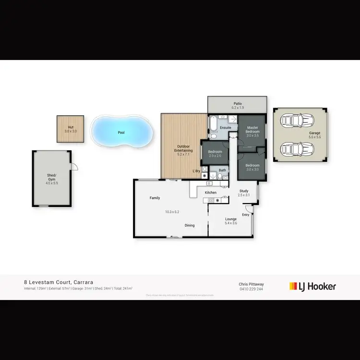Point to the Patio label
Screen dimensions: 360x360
[x=237, y=103]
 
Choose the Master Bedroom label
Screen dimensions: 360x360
[x=252, y=130]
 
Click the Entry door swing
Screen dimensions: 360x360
[x=249, y=208]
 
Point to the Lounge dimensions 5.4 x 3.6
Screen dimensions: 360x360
[x=231, y=223]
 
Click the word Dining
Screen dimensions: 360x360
[x=190, y=225]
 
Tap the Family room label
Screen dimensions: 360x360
[x=155, y=198]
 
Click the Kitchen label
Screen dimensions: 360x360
[x=211, y=192]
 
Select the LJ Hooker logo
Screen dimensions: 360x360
[x=312, y=287]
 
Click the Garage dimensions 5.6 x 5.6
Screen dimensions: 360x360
[x=314, y=137]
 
